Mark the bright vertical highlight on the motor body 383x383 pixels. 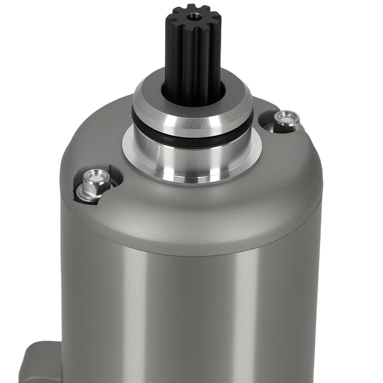pos(245,314)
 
